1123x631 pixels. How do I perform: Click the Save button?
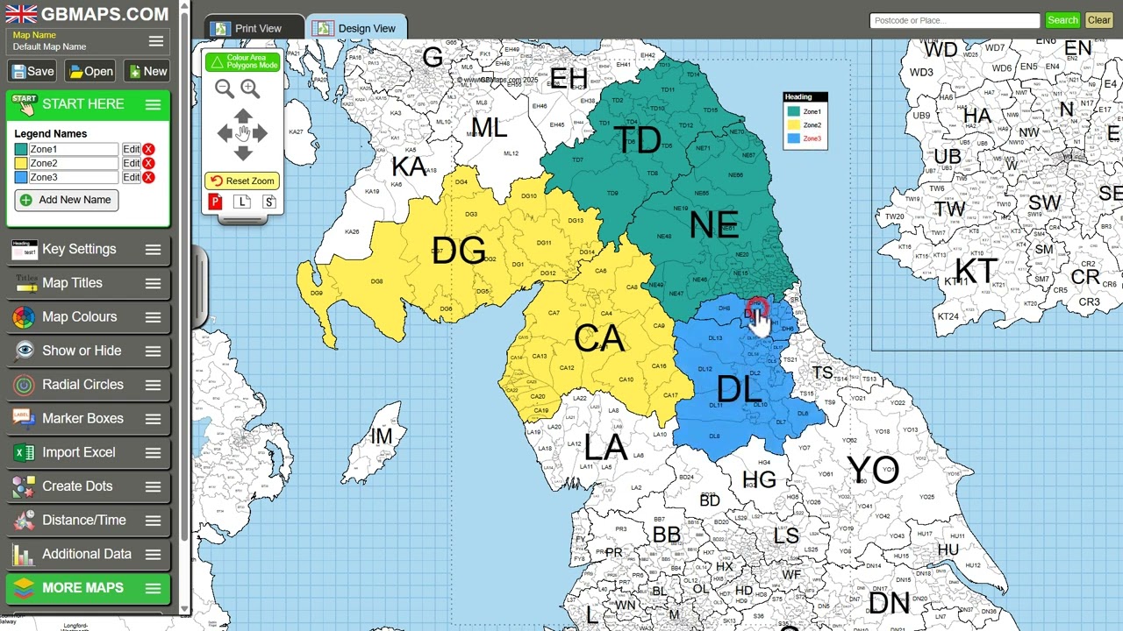point(32,72)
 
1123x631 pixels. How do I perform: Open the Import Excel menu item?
point(79,452)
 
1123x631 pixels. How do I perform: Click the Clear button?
point(1098,20)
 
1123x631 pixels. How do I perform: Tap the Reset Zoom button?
point(242,181)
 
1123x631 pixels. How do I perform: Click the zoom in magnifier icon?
point(250,89)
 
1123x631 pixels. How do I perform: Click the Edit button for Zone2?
point(131,163)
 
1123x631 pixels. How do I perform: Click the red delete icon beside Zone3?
point(149,177)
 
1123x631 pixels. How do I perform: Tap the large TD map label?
point(637,141)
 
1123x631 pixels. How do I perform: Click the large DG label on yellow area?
point(458,252)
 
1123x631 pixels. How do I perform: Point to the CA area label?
point(599,339)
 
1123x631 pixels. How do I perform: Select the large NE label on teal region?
point(713,226)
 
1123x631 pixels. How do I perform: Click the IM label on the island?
point(382,436)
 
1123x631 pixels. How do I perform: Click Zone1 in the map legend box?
point(812,111)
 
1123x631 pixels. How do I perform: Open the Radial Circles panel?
point(82,385)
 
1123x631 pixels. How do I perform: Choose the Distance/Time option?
point(83,520)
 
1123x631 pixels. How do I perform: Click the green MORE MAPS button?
point(82,588)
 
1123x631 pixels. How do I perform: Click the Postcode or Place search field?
point(954,20)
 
